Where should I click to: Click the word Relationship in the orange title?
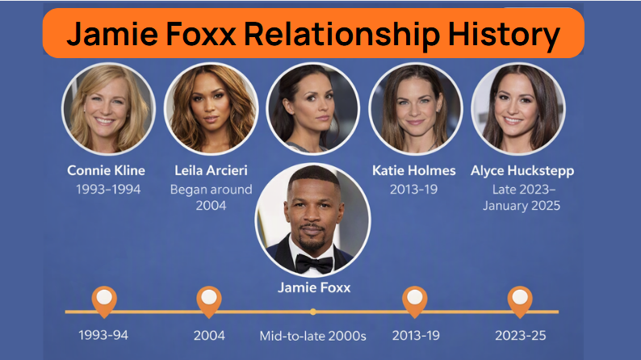tap(341, 34)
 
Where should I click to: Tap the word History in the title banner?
tap(504, 34)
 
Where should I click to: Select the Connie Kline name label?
tap(107, 170)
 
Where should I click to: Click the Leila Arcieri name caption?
tap(211, 170)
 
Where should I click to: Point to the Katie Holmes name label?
tap(413, 170)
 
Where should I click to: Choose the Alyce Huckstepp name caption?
tap(522, 171)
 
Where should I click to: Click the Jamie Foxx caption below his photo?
tap(314, 287)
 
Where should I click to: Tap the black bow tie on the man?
tap(314, 264)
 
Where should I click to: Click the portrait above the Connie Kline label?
tap(108, 109)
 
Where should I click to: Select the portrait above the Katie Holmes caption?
tap(416, 109)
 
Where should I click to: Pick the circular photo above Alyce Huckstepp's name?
tap(518, 109)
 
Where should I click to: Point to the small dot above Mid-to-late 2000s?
tap(312, 312)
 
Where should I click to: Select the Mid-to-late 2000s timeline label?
tap(312, 336)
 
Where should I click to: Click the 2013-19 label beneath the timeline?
tap(416, 336)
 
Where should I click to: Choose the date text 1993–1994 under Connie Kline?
tap(108, 189)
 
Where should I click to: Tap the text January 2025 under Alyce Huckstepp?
tap(522, 206)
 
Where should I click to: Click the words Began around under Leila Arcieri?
tap(211, 190)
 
